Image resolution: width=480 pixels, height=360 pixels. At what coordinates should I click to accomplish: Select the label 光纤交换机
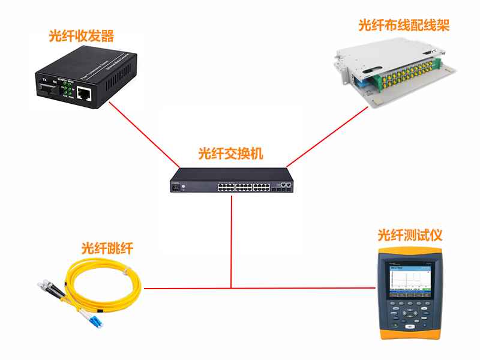point(230,154)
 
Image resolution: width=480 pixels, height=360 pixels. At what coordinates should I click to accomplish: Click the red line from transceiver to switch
point(144,135)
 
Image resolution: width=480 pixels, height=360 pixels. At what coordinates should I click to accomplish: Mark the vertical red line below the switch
point(232,240)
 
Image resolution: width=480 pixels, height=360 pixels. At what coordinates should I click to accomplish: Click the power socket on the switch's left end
point(177,186)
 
